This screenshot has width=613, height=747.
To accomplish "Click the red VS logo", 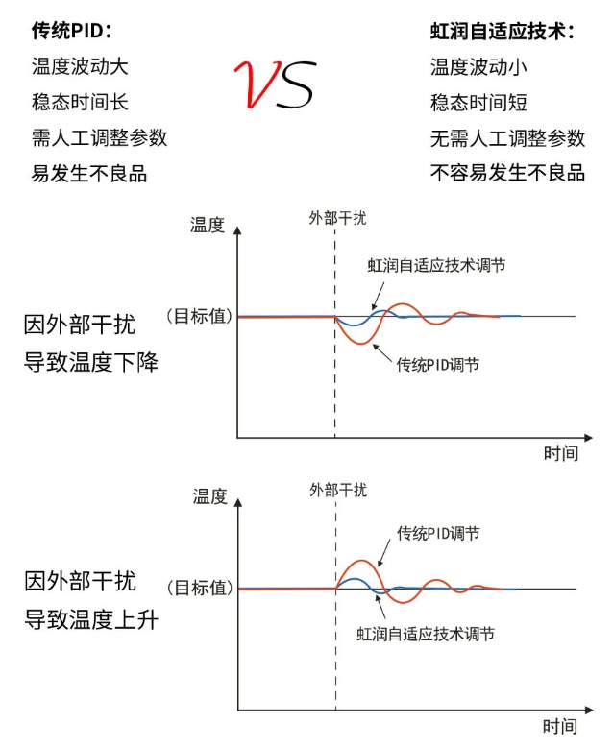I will (x=275, y=85).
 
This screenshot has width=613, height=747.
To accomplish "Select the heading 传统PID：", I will (x=72, y=32).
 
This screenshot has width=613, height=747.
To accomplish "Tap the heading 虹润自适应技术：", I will (x=502, y=32).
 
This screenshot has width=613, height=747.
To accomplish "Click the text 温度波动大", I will (x=80, y=67).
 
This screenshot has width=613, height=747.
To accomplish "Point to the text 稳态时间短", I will (x=478, y=103).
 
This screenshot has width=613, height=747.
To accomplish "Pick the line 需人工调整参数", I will (x=99, y=137).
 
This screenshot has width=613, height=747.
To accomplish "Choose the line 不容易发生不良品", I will (x=507, y=173).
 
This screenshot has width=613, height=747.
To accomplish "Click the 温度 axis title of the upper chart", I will (x=208, y=225).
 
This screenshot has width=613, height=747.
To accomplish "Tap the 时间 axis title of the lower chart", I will (x=560, y=726).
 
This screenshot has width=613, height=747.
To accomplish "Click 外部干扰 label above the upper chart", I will (x=337, y=218).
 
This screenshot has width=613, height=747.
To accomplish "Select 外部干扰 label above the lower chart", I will (x=337, y=490).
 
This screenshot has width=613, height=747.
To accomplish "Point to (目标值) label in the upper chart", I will (x=199, y=315).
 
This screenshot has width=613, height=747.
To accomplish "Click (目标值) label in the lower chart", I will (x=199, y=588).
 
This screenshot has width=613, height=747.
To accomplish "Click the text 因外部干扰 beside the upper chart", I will (x=80, y=325).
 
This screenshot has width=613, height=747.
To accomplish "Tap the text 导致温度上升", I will (x=91, y=620).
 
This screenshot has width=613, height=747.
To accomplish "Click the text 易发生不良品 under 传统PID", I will (x=89, y=173).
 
